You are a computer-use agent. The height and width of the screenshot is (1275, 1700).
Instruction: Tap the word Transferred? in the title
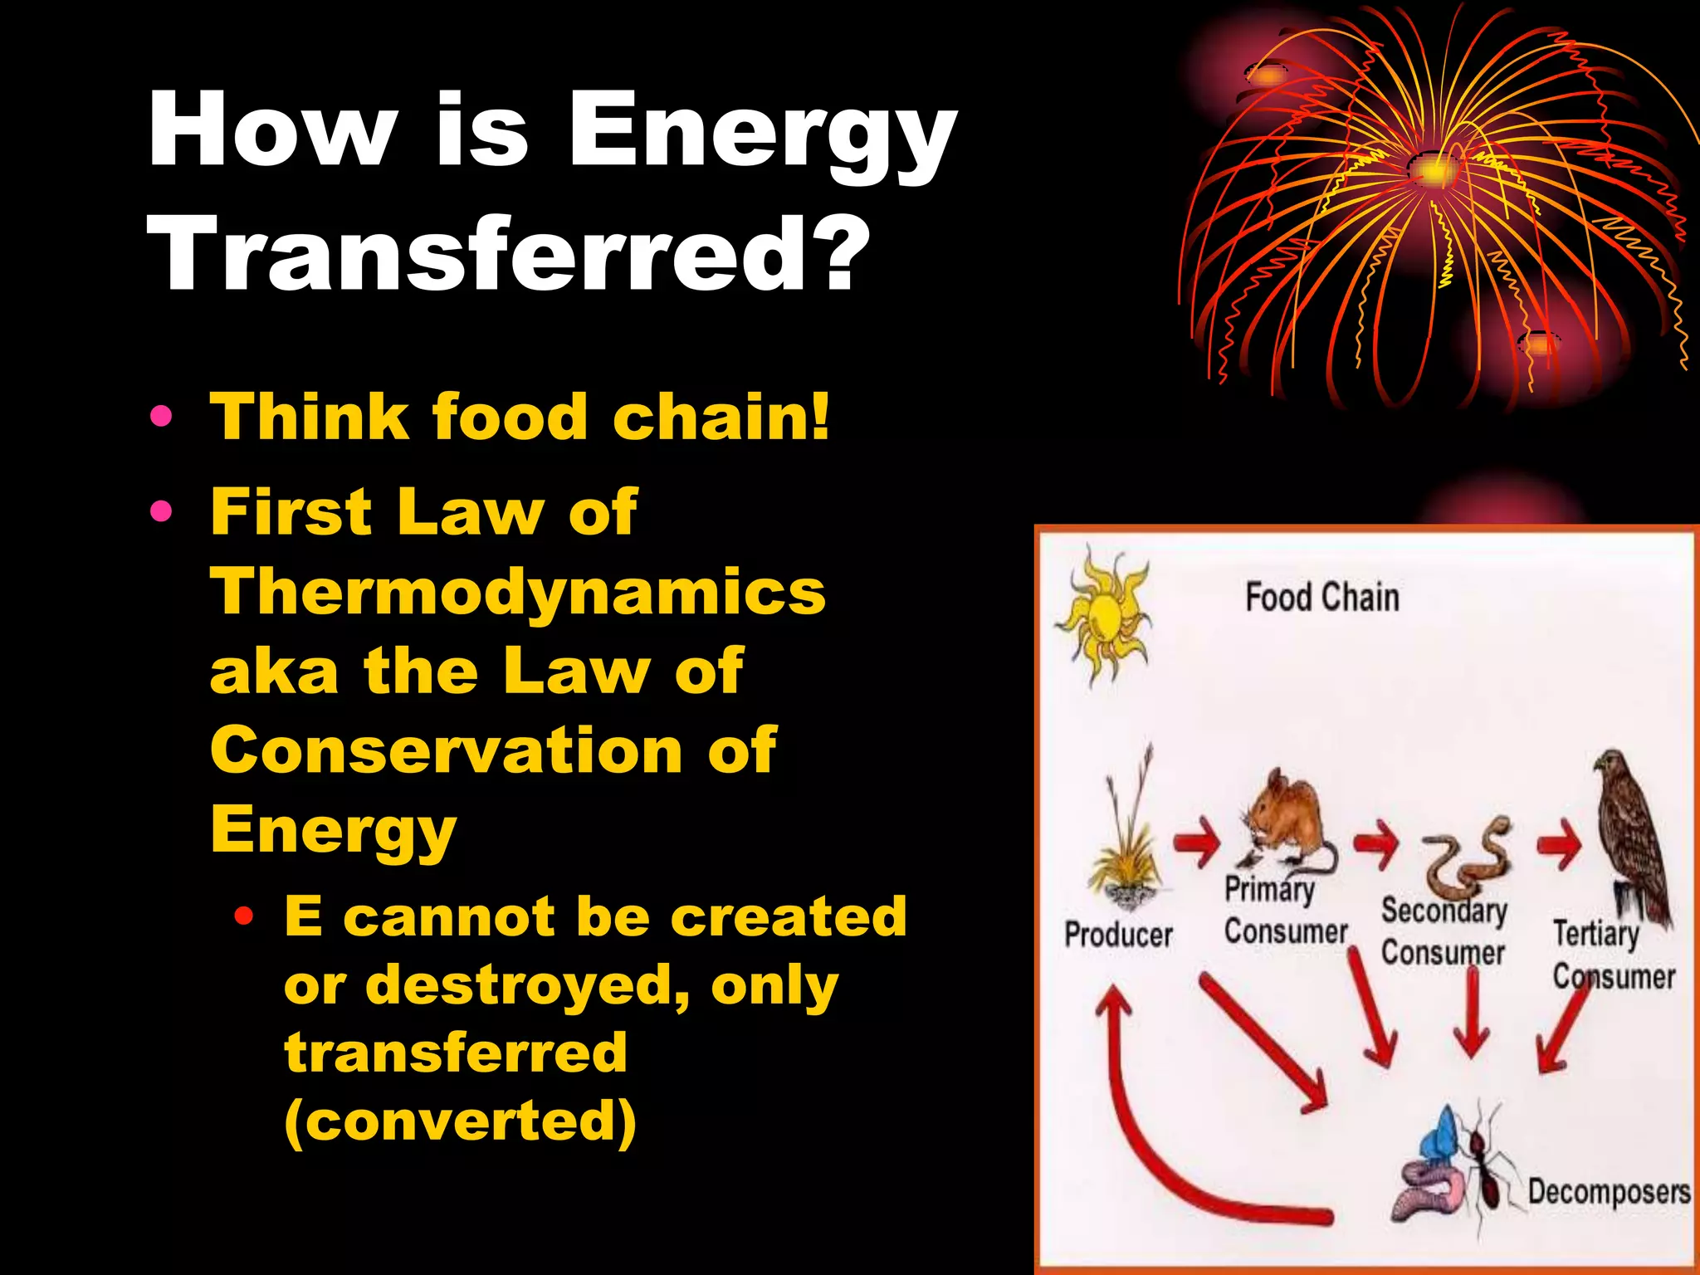point(508,253)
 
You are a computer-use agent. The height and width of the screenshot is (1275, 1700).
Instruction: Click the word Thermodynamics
point(518,594)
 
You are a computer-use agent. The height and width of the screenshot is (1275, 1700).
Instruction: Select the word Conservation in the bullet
point(445,750)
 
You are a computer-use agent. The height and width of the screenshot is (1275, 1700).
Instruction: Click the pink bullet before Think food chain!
point(162,416)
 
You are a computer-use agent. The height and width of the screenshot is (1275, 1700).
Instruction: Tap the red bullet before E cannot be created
point(243,917)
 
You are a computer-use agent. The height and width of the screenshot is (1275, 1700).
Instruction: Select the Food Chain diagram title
point(1321,598)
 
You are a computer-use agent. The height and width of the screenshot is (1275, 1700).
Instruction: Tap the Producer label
point(1118,935)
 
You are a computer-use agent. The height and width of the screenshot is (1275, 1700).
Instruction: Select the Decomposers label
point(1608,1192)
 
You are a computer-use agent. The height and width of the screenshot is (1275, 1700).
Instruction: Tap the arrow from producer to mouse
point(1197,844)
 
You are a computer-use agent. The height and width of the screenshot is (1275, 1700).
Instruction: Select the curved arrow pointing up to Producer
point(1162,1146)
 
